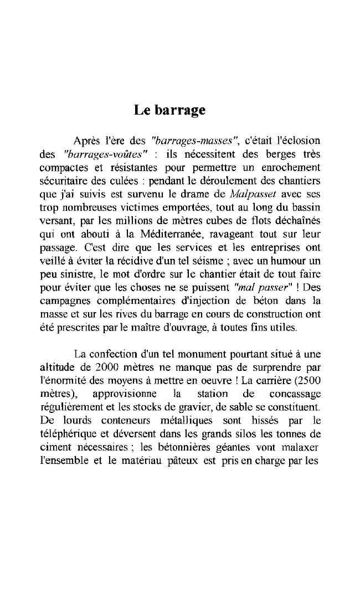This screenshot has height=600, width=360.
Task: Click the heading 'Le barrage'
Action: point(169,110)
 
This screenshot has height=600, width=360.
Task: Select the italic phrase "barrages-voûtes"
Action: point(106,152)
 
